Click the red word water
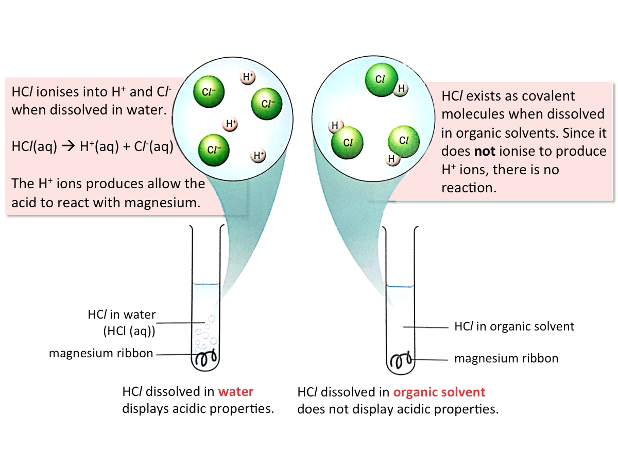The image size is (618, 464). point(236,391)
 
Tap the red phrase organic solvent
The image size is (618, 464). point(439,392)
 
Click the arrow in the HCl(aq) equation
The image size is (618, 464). point(68,146)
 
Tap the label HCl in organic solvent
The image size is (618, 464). point(514,326)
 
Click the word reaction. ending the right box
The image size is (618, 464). point(469,188)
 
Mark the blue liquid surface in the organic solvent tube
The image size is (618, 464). point(400,286)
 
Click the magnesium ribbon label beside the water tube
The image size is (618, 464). point(101,354)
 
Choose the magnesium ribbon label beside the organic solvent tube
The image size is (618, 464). point(506,358)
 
